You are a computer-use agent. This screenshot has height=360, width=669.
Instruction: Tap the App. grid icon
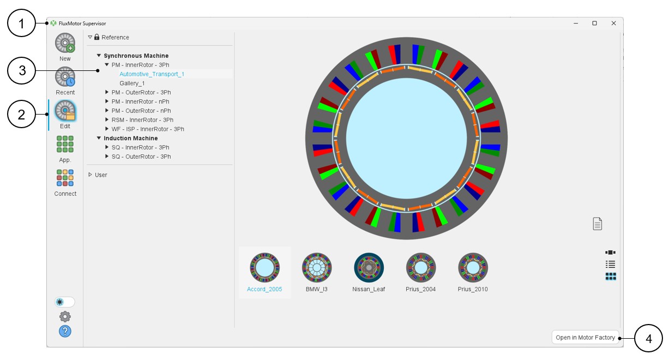tap(65, 144)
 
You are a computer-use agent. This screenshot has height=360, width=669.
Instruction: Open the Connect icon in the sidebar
tap(65, 178)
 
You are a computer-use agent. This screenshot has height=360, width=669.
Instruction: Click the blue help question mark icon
tap(65, 331)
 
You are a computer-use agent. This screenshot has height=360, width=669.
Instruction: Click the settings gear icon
tap(65, 316)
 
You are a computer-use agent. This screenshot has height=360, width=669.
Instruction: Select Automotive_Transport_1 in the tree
tap(152, 74)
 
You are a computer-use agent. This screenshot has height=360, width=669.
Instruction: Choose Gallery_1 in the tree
tap(132, 83)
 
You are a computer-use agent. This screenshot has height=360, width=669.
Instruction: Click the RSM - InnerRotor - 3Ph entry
tap(142, 120)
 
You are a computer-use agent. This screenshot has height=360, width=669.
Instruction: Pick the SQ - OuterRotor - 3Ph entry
tap(141, 157)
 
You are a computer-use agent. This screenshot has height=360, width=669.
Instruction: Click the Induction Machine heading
tap(131, 139)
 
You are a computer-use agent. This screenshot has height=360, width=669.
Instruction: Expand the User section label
tap(101, 175)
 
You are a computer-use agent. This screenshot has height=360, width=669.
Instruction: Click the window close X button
tap(613, 23)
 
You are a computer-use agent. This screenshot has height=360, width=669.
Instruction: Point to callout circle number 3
tap(22, 70)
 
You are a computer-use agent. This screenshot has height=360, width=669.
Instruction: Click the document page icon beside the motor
tap(598, 224)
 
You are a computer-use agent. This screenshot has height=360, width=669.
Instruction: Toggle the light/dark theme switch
tap(65, 302)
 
